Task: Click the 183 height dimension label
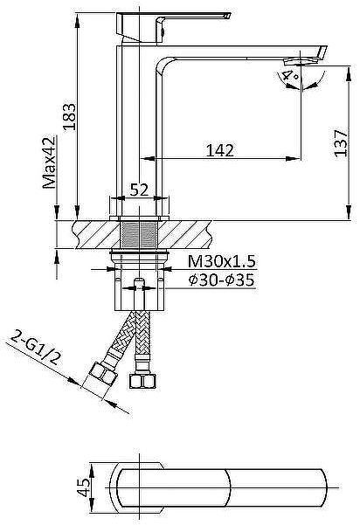(70, 117)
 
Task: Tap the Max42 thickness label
(49, 162)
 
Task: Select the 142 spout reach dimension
(219, 150)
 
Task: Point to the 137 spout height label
(341, 143)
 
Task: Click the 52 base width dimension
(139, 190)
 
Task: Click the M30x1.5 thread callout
(221, 261)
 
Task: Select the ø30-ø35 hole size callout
(221, 280)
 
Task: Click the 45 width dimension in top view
(83, 487)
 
